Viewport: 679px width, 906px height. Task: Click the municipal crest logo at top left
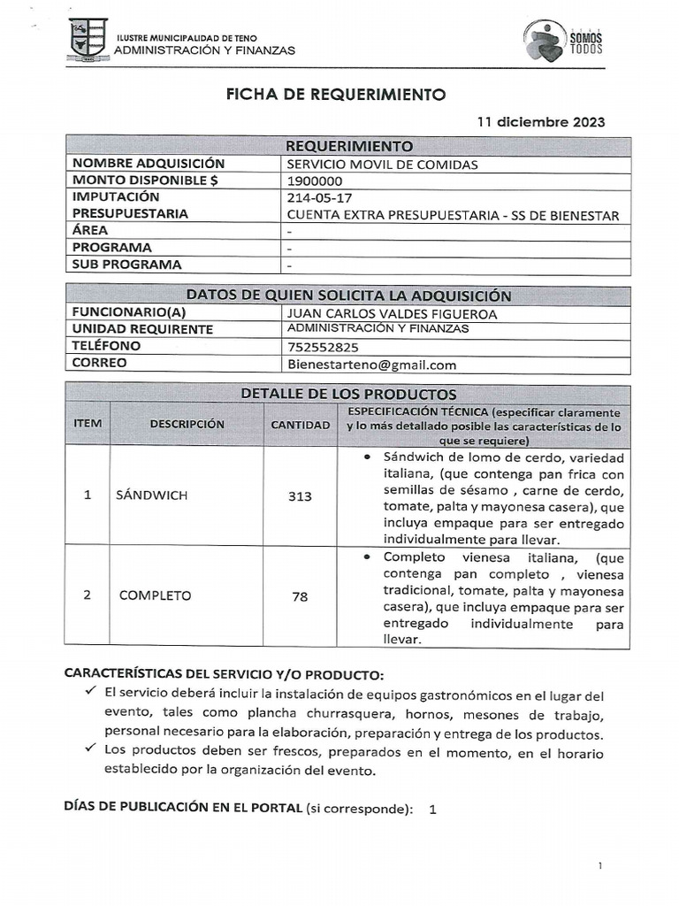tap(87, 39)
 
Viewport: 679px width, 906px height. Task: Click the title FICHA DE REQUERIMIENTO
tap(337, 95)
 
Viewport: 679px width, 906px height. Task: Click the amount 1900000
tap(316, 180)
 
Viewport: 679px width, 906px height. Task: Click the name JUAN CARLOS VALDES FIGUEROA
tap(393, 313)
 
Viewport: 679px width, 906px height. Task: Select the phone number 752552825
tap(323, 347)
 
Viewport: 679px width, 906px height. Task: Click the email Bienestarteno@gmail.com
tap(372, 364)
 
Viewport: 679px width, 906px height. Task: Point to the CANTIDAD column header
tap(300, 425)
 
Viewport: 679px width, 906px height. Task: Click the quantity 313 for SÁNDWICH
tap(300, 496)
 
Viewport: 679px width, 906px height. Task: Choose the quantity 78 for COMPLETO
tap(300, 596)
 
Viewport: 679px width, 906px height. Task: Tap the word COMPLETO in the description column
tap(155, 595)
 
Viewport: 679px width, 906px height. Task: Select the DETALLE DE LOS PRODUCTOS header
tap(348, 394)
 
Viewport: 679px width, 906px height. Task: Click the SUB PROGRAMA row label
tap(126, 265)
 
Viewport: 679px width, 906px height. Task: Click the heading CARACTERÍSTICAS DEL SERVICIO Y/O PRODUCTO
tap(225, 673)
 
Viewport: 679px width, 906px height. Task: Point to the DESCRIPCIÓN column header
tap(187, 425)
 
